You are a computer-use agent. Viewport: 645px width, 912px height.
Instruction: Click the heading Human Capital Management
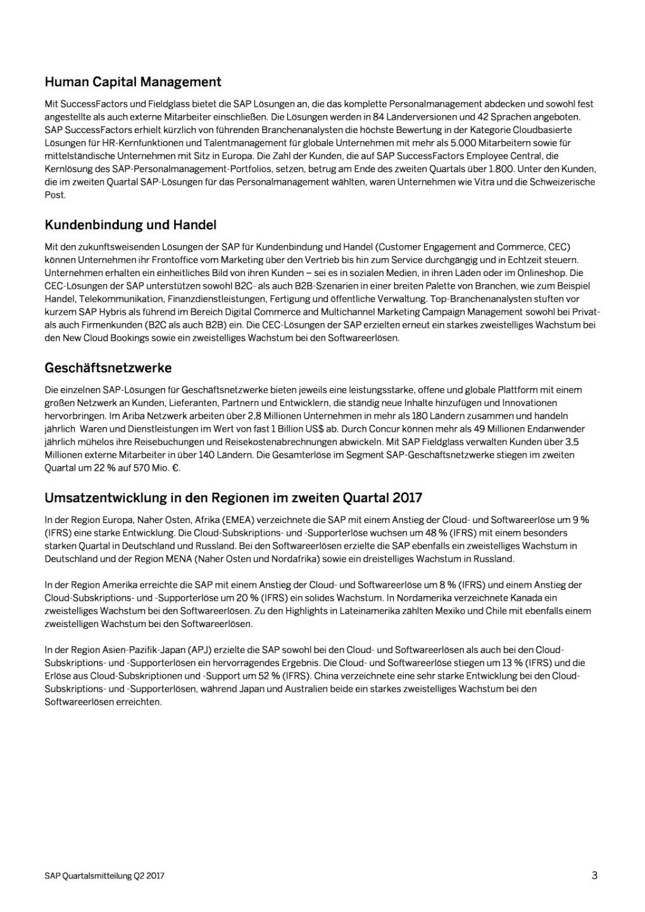[133, 82]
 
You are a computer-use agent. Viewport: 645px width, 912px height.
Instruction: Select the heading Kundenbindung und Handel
[130, 225]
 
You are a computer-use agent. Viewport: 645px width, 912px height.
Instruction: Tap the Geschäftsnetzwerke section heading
[108, 368]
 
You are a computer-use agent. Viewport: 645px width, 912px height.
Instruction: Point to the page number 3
[594, 875]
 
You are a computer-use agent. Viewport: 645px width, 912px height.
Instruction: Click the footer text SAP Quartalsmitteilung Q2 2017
[104, 876]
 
